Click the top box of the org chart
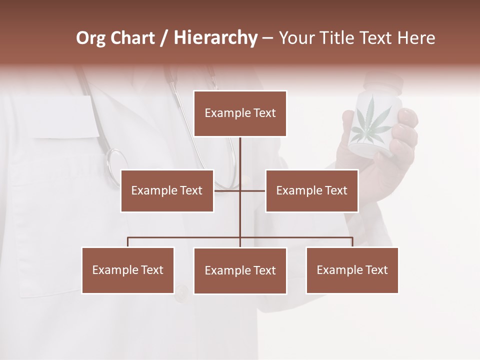[x=240, y=113]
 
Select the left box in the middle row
[x=167, y=190]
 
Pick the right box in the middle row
[x=311, y=190]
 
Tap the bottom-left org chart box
[x=127, y=270]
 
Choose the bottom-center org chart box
[x=240, y=270]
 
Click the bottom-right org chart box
[x=352, y=270]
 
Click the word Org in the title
[x=90, y=38]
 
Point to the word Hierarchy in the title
[x=215, y=38]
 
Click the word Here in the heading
[x=416, y=38]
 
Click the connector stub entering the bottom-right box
[x=352, y=242]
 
